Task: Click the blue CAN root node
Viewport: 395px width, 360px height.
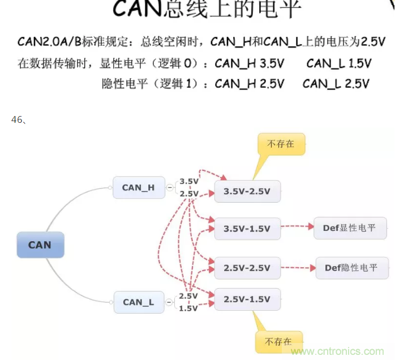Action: (40, 245)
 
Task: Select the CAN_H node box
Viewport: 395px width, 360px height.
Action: (138, 187)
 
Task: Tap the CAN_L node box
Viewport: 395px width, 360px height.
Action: (138, 302)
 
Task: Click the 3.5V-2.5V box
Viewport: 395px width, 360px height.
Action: (247, 191)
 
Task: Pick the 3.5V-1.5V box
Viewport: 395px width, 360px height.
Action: (247, 229)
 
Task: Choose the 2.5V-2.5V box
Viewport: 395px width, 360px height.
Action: (247, 267)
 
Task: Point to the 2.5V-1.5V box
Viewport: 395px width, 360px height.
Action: (247, 299)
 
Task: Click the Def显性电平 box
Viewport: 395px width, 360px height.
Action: (350, 228)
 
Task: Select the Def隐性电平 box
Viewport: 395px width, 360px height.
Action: (351, 267)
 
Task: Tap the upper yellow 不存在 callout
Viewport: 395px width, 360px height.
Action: (281, 144)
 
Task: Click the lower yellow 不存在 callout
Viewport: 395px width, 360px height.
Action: (278, 342)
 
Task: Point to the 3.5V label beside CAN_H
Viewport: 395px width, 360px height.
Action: (189, 182)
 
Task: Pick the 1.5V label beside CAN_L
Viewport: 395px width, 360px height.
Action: (188, 308)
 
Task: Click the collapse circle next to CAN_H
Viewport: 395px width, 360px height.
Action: (170, 187)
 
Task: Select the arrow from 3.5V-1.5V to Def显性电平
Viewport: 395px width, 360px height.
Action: (297, 228)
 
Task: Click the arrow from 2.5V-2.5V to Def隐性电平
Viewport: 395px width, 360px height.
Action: (298, 267)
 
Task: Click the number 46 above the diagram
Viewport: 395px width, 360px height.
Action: (16, 119)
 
